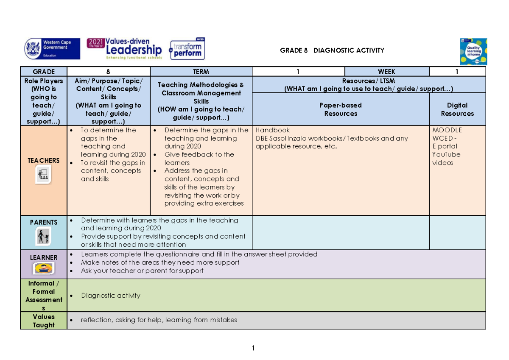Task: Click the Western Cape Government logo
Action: pyautogui.click(x=52, y=49)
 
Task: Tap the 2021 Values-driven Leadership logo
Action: pyautogui.click(x=124, y=49)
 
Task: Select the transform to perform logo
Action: pyautogui.click(x=187, y=49)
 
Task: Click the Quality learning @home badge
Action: pyautogui.click(x=473, y=52)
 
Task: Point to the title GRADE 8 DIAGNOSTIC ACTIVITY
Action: pyautogui.click(x=332, y=50)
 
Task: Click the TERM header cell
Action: pyautogui.click(x=201, y=72)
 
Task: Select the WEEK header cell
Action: pyautogui.click(x=387, y=72)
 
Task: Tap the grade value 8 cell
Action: pyautogui.click(x=109, y=72)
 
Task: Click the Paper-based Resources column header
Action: pyautogui.click(x=341, y=109)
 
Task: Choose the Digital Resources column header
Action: pyautogui.click(x=457, y=109)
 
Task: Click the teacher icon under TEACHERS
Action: pyautogui.click(x=43, y=174)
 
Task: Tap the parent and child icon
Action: pyautogui.click(x=43, y=237)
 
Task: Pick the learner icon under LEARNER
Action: pyautogui.click(x=44, y=268)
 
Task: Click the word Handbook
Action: pyautogui.click(x=273, y=130)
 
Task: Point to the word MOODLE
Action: pyautogui.click(x=447, y=130)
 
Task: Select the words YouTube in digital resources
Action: pyautogui.click(x=446, y=154)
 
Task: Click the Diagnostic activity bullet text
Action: pyautogui.click(x=111, y=296)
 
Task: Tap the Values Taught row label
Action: pyautogui.click(x=44, y=321)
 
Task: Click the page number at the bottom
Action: pyautogui.click(x=253, y=348)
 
